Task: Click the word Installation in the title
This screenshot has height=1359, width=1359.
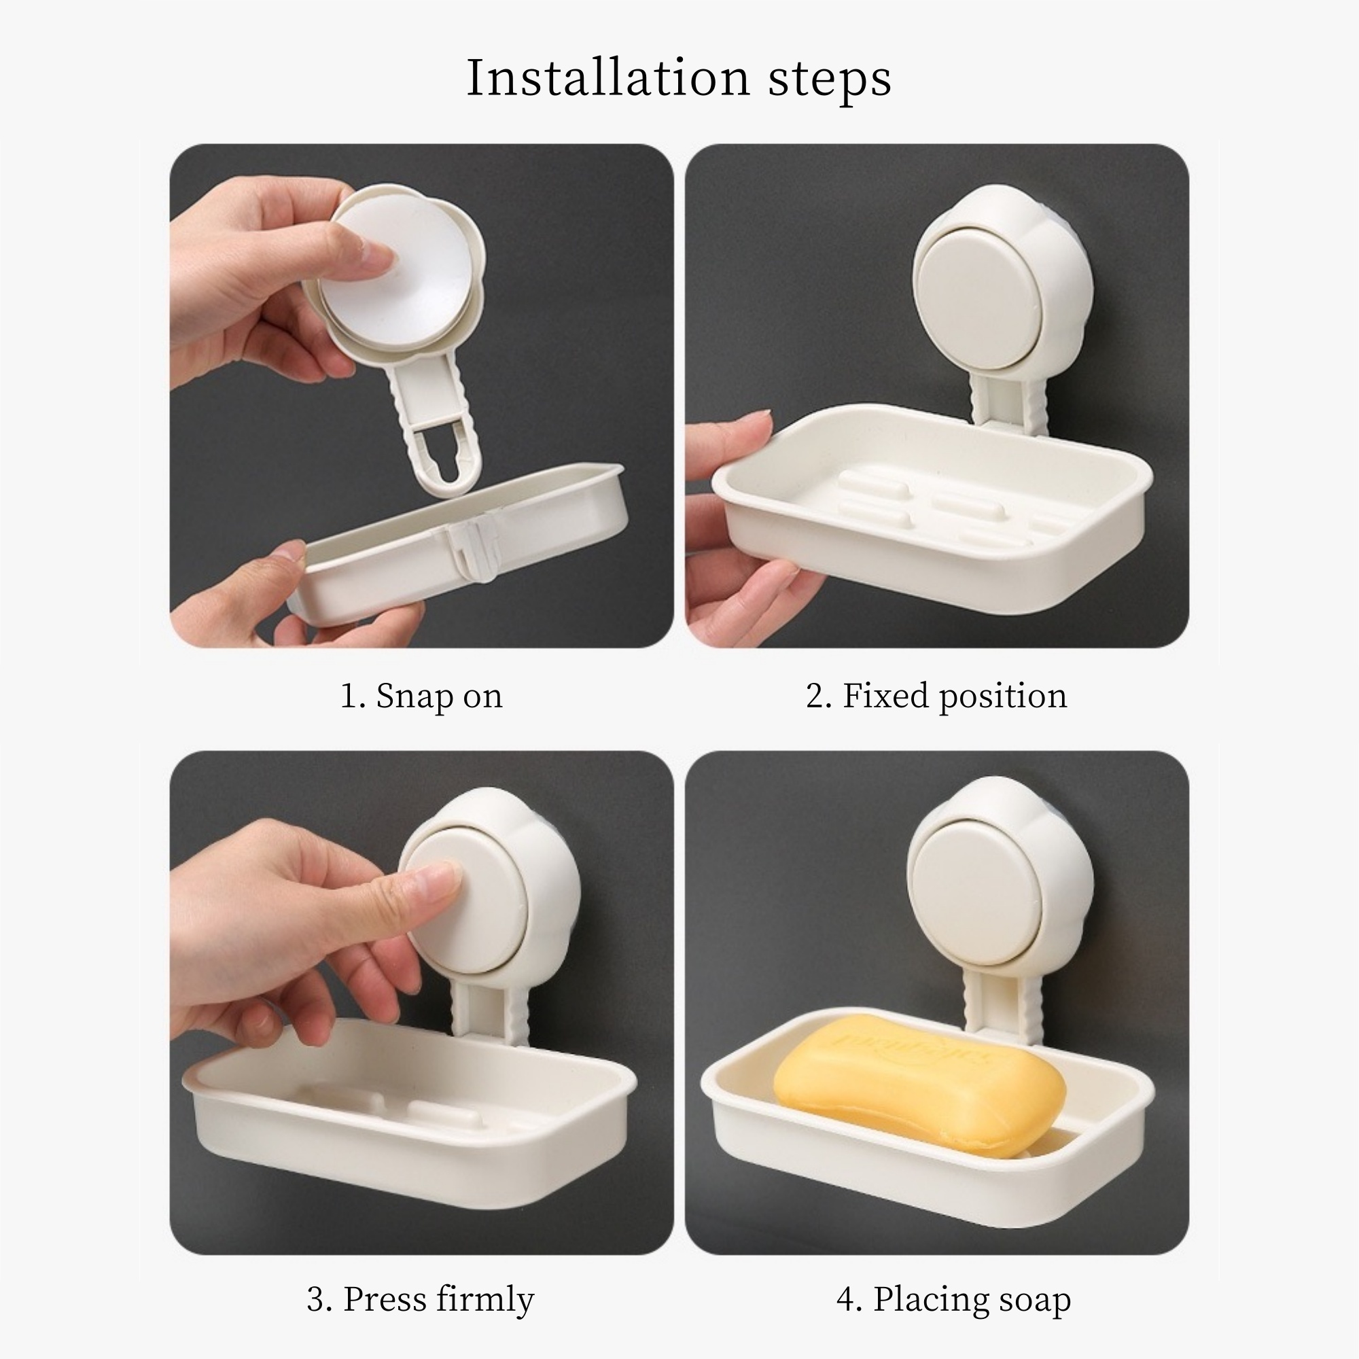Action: pyautogui.click(x=608, y=77)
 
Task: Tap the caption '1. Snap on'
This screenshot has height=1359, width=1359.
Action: pyautogui.click(x=421, y=696)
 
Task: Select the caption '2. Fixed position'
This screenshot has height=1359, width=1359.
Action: pyautogui.click(x=936, y=696)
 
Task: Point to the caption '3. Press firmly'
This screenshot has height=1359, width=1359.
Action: pyautogui.click(x=421, y=1299)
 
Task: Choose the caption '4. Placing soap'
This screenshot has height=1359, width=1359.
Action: pyautogui.click(x=954, y=1299)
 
